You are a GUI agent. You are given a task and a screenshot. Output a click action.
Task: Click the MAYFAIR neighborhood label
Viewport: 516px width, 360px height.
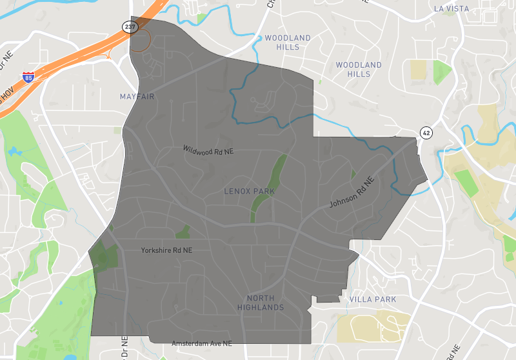[138, 97]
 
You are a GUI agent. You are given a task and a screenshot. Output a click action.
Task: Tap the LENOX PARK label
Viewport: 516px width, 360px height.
[249, 192]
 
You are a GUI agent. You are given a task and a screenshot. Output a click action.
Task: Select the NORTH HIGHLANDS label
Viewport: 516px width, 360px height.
[265, 303]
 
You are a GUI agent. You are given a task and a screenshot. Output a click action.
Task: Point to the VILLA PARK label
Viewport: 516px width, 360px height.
[372, 299]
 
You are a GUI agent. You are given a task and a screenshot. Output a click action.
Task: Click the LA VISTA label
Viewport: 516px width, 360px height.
[450, 9]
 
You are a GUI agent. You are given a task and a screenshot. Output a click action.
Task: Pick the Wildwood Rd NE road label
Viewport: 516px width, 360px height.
[208, 150]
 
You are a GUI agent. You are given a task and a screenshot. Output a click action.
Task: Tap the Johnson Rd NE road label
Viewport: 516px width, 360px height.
[352, 192]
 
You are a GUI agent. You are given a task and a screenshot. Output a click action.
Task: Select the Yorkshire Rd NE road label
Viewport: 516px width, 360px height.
[166, 250]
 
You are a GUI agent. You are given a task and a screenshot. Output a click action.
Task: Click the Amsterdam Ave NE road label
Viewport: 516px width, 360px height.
[201, 344]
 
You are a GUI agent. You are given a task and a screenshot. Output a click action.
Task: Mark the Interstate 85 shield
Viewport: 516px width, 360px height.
[28, 77]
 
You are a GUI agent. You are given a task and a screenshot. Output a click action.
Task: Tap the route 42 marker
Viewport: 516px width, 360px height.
[426, 132]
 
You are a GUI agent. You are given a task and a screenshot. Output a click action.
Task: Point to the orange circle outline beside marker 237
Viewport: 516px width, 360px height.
[140, 40]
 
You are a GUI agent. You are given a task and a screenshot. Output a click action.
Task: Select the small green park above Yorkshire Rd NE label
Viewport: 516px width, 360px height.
[183, 232]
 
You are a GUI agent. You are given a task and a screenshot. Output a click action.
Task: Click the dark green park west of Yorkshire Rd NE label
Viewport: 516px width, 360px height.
[104, 256]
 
